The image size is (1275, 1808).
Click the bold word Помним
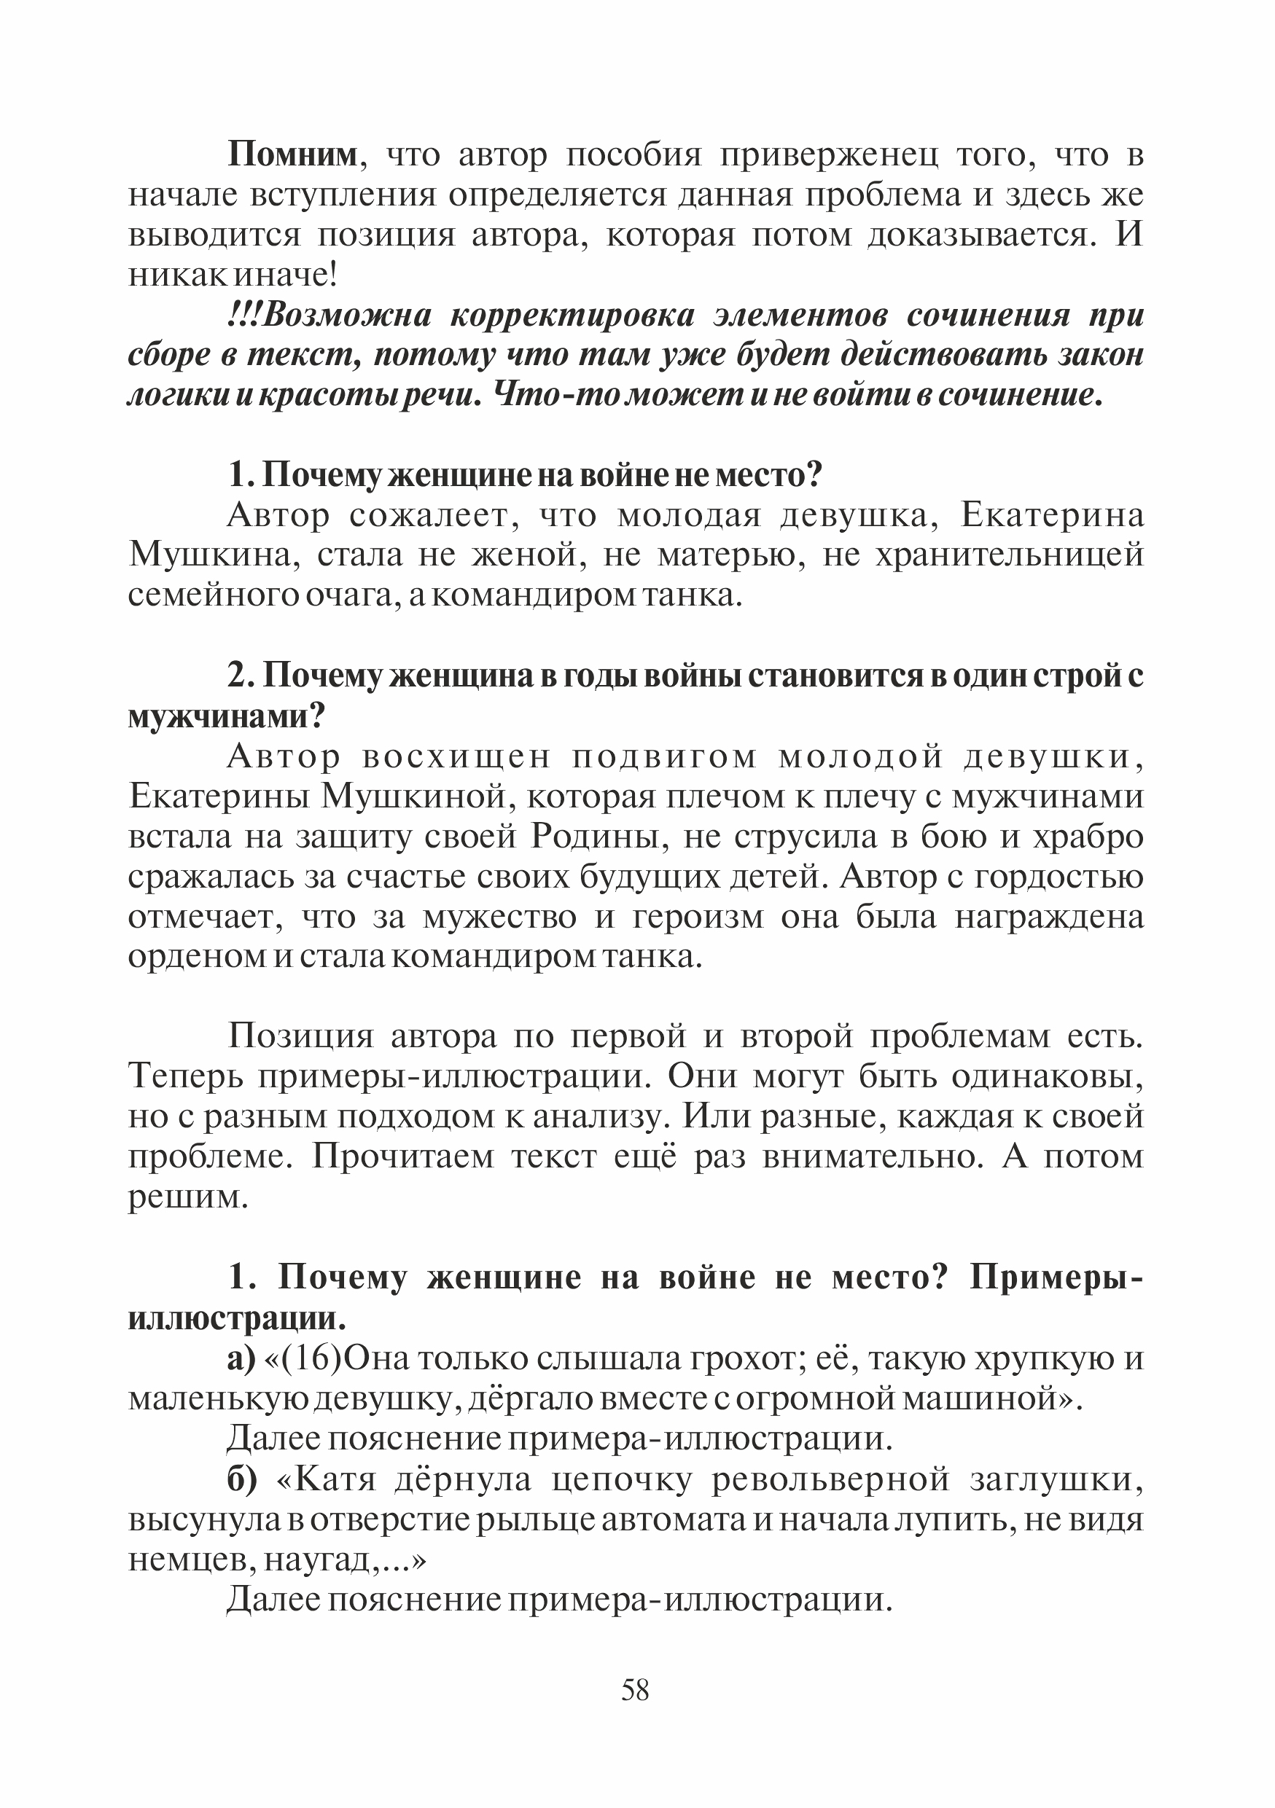292,155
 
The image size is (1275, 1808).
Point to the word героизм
698,917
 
